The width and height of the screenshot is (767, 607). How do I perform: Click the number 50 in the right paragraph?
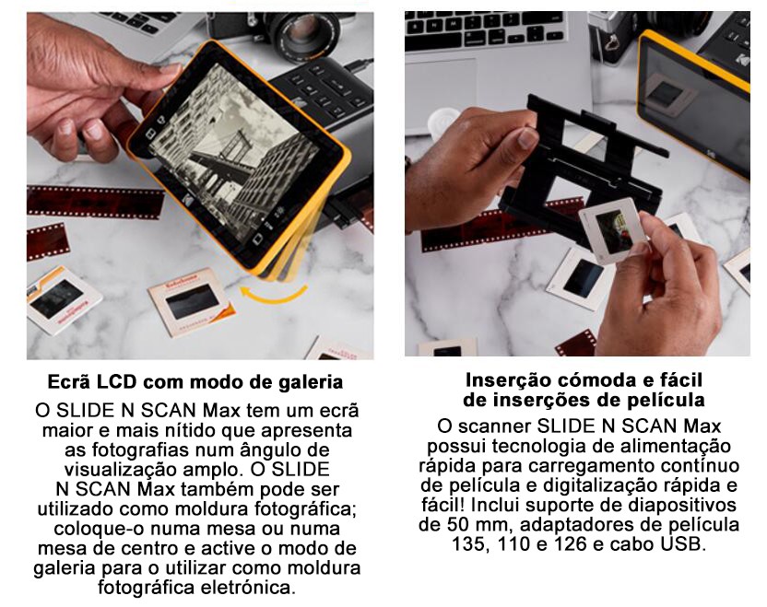click(x=456, y=524)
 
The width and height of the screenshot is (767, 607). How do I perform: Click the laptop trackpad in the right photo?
click(x=441, y=93)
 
